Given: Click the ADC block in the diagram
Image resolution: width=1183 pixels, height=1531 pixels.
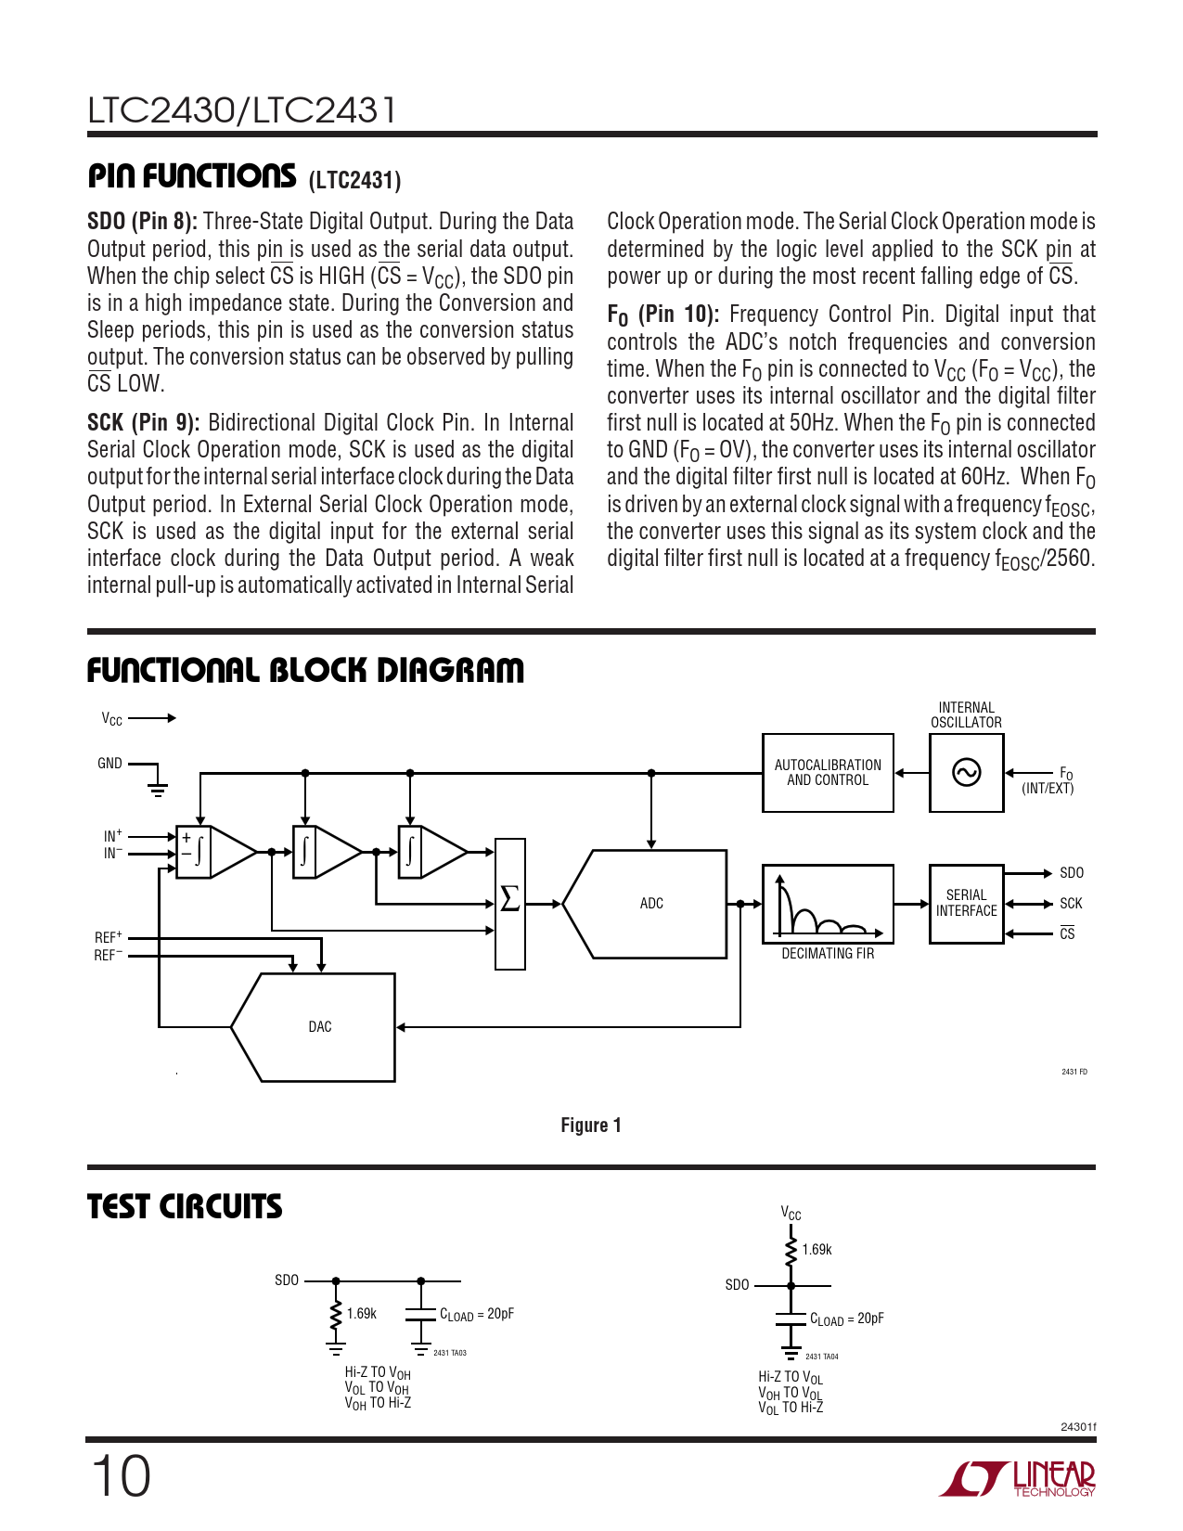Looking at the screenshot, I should [651, 904].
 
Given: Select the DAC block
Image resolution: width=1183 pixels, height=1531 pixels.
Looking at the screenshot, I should [319, 1027].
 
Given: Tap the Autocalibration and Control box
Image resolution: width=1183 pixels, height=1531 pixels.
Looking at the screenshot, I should [828, 773].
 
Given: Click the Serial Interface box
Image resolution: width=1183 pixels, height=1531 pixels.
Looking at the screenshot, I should [966, 904].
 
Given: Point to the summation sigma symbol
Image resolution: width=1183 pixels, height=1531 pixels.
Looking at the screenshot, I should [509, 899].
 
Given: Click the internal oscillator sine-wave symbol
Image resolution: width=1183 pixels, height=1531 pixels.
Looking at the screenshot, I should [966, 773].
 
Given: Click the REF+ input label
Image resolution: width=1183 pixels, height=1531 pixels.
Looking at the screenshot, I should [108, 938].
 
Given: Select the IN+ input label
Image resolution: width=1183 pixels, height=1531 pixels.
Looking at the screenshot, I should [112, 836].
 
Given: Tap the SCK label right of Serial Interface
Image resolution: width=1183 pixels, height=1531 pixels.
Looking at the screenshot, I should [1071, 904].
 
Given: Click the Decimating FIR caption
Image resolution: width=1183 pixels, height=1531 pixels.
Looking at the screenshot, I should [828, 954].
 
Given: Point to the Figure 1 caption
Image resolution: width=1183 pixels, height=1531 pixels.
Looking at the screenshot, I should [591, 1126].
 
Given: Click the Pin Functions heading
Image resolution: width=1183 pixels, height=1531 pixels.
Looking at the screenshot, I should [192, 176].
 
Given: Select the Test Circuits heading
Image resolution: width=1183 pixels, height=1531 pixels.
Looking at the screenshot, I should [185, 1206].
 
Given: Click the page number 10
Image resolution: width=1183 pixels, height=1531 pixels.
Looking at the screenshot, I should [121, 1476].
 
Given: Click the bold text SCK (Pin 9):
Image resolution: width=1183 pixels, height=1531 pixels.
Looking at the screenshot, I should [144, 423].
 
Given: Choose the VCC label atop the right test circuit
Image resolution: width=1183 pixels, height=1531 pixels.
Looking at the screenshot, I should [791, 1214].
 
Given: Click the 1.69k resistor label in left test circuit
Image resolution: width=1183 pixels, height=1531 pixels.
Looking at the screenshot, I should [362, 1314].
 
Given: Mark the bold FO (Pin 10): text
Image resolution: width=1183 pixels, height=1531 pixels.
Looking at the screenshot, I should [663, 315].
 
